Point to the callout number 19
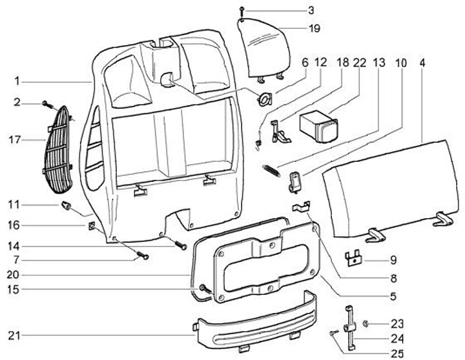point(314,28)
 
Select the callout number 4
point(422,63)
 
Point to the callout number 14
point(14,245)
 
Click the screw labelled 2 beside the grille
point(46,103)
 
